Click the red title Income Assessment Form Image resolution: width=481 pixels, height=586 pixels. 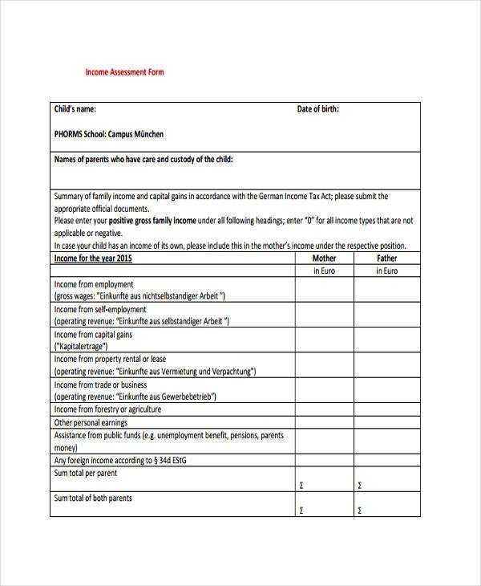[x=124, y=72]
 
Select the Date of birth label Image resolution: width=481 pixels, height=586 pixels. [x=317, y=109]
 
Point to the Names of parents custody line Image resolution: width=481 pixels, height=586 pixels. [x=143, y=160]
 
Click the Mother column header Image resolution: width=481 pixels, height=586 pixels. [x=324, y=258]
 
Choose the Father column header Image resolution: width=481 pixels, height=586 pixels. [x=386, y=258]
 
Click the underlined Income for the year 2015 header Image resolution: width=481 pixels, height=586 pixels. [x=92, y=258]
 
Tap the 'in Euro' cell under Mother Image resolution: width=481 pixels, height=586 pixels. [x=324, y=271]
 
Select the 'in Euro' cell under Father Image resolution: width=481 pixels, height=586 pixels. [x=386, y=271]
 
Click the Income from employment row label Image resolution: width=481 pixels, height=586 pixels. [x=94, y=284]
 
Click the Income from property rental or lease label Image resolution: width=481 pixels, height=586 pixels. [x=110, y=360]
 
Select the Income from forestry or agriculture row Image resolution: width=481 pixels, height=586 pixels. [x=107, y=409]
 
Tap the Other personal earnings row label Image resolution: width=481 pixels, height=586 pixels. [x=91, y=422]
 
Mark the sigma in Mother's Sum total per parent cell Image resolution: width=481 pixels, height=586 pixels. [x=301, y=485]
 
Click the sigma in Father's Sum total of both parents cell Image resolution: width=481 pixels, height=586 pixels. [x=359, y=511]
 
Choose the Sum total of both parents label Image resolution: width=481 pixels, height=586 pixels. [x=93, y=499]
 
